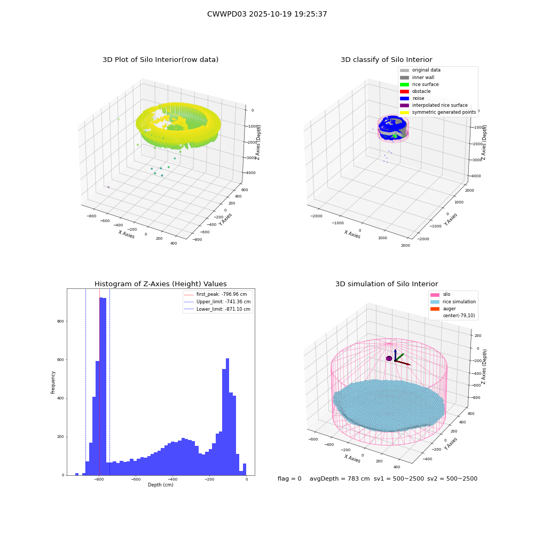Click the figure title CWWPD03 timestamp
pos(267,14)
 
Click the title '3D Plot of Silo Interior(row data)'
pos(160,60)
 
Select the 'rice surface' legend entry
pos(419,84)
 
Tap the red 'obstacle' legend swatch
pos(404,91)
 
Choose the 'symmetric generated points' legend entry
pos(438,112)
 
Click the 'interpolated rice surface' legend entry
pos(434,105)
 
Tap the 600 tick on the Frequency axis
pos(60,359)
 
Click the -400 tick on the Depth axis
pos(172,479)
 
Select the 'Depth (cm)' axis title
pos(160,485)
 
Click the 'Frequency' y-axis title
pos(53,382)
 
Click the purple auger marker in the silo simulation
pos(389,358)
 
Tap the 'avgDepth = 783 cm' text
pos(340,478)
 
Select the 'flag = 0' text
pos(289,478)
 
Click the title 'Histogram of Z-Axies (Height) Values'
pos(160,284)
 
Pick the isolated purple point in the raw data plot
pos(108,187)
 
